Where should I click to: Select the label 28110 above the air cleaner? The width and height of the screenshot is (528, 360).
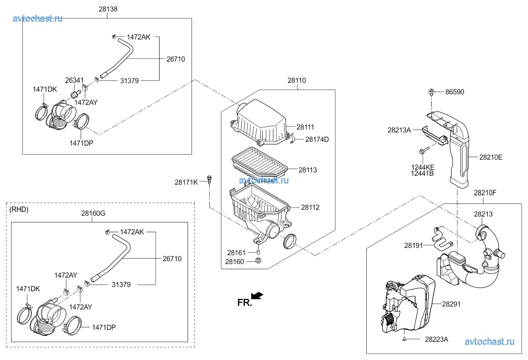pyautogui.click(x=296, y=81)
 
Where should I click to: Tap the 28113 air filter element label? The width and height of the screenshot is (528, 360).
pyautogui.click(x=307, y=170)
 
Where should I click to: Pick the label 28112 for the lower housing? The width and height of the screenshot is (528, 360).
pyautogui.click(x=310, y=208)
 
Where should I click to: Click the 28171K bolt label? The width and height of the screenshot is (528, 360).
pyautogui.click(x=186, y=182)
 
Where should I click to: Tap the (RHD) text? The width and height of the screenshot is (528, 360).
pyautogui.click(x=19, y=210)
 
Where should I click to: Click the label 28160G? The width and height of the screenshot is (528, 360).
pyautogui.click(x=93, y=214)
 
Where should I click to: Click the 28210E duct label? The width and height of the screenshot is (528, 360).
pyautogui.click(x=491, y=157)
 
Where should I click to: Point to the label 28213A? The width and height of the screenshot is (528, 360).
pyautogui.click(x=399, y=130)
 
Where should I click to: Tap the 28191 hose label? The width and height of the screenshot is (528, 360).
pyautogui.click(x=413, y=245)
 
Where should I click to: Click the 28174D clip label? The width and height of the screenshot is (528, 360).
pyautogui.click(x=317, y=139)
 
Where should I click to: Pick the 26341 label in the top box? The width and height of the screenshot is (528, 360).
pyautogui.click(x=74, y=80)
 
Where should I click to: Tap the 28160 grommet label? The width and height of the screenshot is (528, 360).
pyautogui.click(x=234, y=262)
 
